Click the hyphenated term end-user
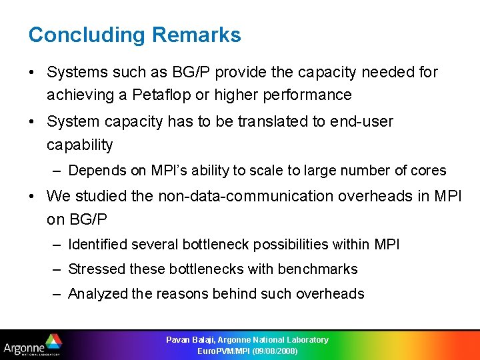tap(361, 122)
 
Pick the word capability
tap(79, 145)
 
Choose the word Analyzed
tap(98, 294)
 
